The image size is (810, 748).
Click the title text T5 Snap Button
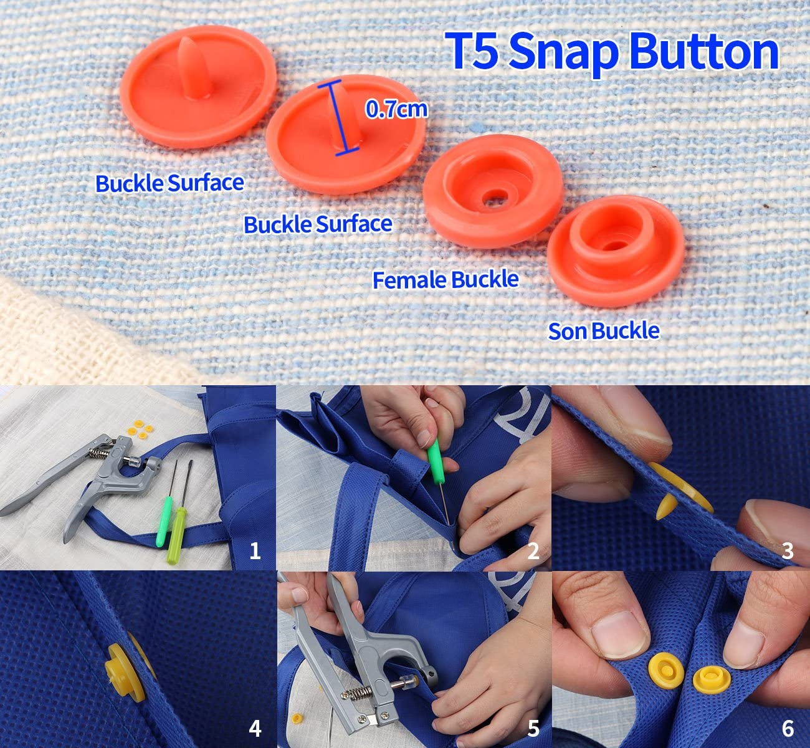pos(612,52)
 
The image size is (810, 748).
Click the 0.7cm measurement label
pos(396,110)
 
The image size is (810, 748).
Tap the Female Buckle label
pos(445,279)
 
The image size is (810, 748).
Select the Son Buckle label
pos(603,330)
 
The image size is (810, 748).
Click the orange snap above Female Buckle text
pos(493,193)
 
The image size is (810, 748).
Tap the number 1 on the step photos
pos(254,551)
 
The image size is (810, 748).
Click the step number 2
pos(533,551)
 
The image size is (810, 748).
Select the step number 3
pos(788,551)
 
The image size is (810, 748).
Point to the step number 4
pos(254,728)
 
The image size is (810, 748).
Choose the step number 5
pos(533,728)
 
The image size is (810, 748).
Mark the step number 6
pos(788,728)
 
